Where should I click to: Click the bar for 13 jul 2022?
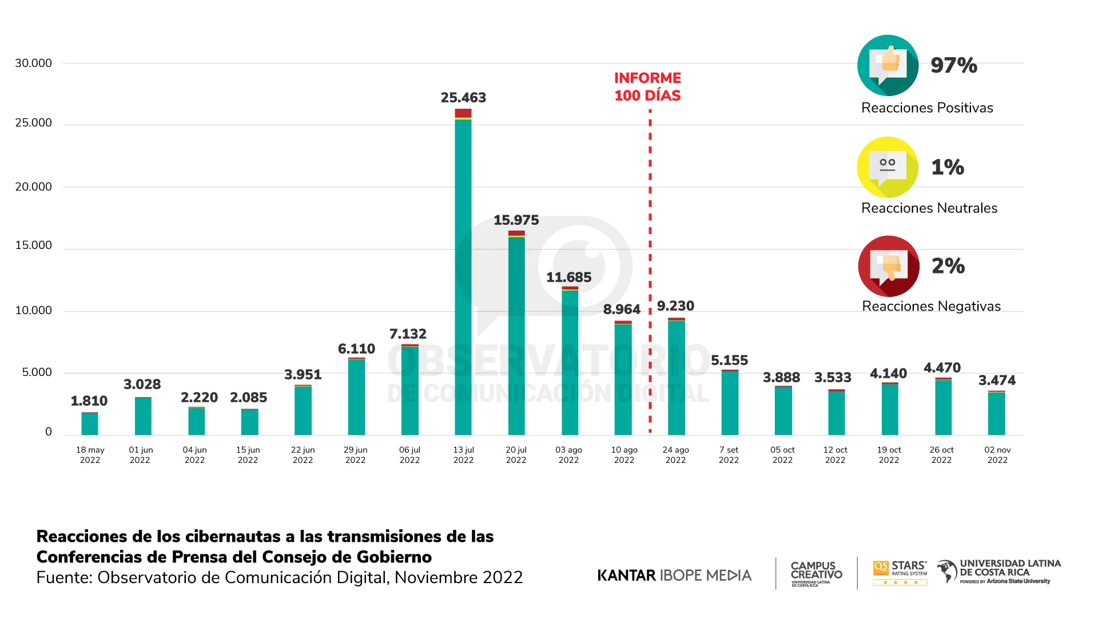pyautogui.click(x=463, y=275)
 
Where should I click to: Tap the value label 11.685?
pyautogui.click(x=568, y=278)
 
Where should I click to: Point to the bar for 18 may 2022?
pyautogui.click(x=90, y=424)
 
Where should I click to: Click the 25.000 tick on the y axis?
pyautogui.click(x=33, y=123)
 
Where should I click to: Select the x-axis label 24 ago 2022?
pyautogui.click(x=675, y=455)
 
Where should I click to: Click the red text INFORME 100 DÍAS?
pyautogui.click(x=647, y=87)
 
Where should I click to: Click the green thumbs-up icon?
pyautogui.click(x=888, y=65)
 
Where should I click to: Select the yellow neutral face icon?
pyautogui.click(x=888, y=167)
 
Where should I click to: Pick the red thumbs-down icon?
pyautogui.click(x=889, y=266)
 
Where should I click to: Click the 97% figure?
pyautogui.click(x=953, y=65)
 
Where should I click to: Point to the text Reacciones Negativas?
pyautogui.click(x=931, y=307)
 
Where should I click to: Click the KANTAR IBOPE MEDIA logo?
pyautogui.click(x=674, y=575)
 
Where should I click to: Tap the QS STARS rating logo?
pyautogui.click(x=900, y=573)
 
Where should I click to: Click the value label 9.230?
pyautogui.click(x=675, y=306)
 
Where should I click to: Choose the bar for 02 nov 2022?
pyautogui.click(x=996, y=413)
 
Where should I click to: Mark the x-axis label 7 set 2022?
pyautogui.click(x=729, y=455)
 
